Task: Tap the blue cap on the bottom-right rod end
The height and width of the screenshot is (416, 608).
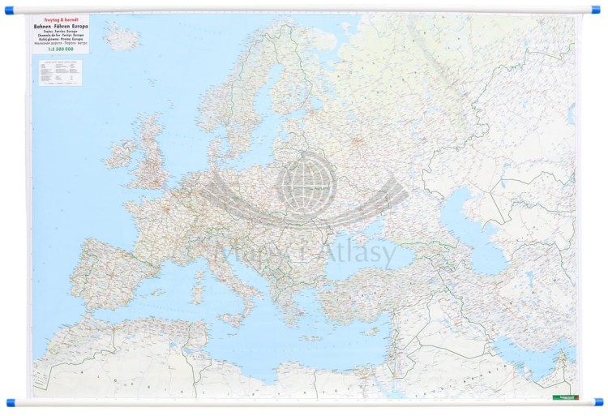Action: [598, 402]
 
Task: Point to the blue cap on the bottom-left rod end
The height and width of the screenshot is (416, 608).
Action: [11, 402]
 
